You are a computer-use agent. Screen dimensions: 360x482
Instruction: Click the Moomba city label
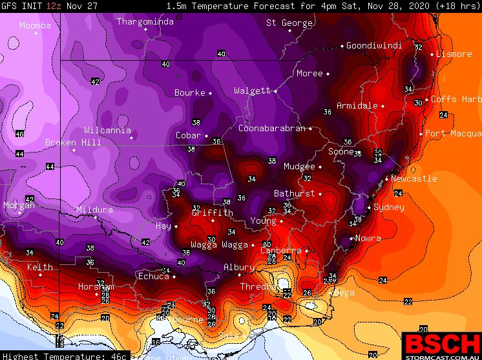tap(34, 26)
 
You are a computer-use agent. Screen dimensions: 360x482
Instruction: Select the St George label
tap(289, 23)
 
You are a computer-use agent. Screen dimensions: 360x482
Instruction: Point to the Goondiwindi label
tap(374, 45)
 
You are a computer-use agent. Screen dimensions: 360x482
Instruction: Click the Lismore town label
tap(454, 54)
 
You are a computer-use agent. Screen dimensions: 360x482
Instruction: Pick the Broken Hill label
tap(73, 142)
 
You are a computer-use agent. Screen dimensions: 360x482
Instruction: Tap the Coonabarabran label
tap(271, 128)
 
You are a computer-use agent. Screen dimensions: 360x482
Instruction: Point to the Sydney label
tap(389, 207)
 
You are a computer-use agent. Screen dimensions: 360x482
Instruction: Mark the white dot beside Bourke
tap(211, 93)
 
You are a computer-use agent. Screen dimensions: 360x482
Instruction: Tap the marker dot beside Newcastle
tap(386, 179)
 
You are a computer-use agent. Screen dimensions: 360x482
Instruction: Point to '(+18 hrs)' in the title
tap(454, 6)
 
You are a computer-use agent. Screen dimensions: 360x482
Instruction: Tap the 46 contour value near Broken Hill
tap(19, 134)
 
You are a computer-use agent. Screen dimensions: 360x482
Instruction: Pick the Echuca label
tap(153, 276)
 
